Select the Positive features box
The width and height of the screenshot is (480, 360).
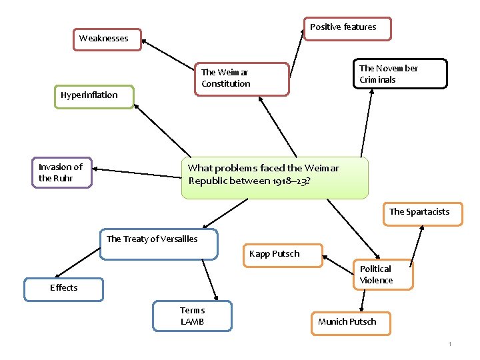347,28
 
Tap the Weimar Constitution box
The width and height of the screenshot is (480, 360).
241,79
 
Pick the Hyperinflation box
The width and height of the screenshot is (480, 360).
94,96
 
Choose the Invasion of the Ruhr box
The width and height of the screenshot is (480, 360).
61,173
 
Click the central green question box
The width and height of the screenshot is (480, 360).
274,177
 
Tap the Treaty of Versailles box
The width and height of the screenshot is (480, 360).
159,244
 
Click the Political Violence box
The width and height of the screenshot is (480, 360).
382,275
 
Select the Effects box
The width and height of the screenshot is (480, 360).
63,289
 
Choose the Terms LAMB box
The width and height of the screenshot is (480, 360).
192,316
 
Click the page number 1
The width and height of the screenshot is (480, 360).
450,344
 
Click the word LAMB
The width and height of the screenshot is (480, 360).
192,322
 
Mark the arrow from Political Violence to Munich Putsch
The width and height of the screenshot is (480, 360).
362,301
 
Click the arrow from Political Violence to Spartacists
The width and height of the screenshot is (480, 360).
416,247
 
